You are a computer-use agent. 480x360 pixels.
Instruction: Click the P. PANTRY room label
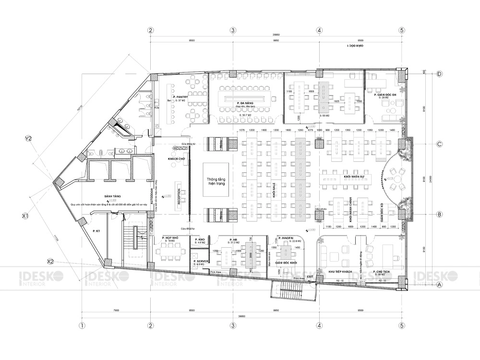click(x=180, y=96)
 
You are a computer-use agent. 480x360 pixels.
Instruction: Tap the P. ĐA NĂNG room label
click(x=245, y=103)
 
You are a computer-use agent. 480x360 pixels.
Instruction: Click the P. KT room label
click(x=96, y=231)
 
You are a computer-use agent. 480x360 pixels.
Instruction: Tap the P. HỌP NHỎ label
click(x=170, y=238)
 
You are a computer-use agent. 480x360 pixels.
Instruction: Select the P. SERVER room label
click(x=200, y=262)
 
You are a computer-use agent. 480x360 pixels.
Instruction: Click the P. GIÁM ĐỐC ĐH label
click(x=384, y=95)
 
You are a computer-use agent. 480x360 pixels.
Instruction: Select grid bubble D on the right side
click(x=440, y=74)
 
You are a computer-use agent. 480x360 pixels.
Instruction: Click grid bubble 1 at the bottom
click(x=82, y=325)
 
